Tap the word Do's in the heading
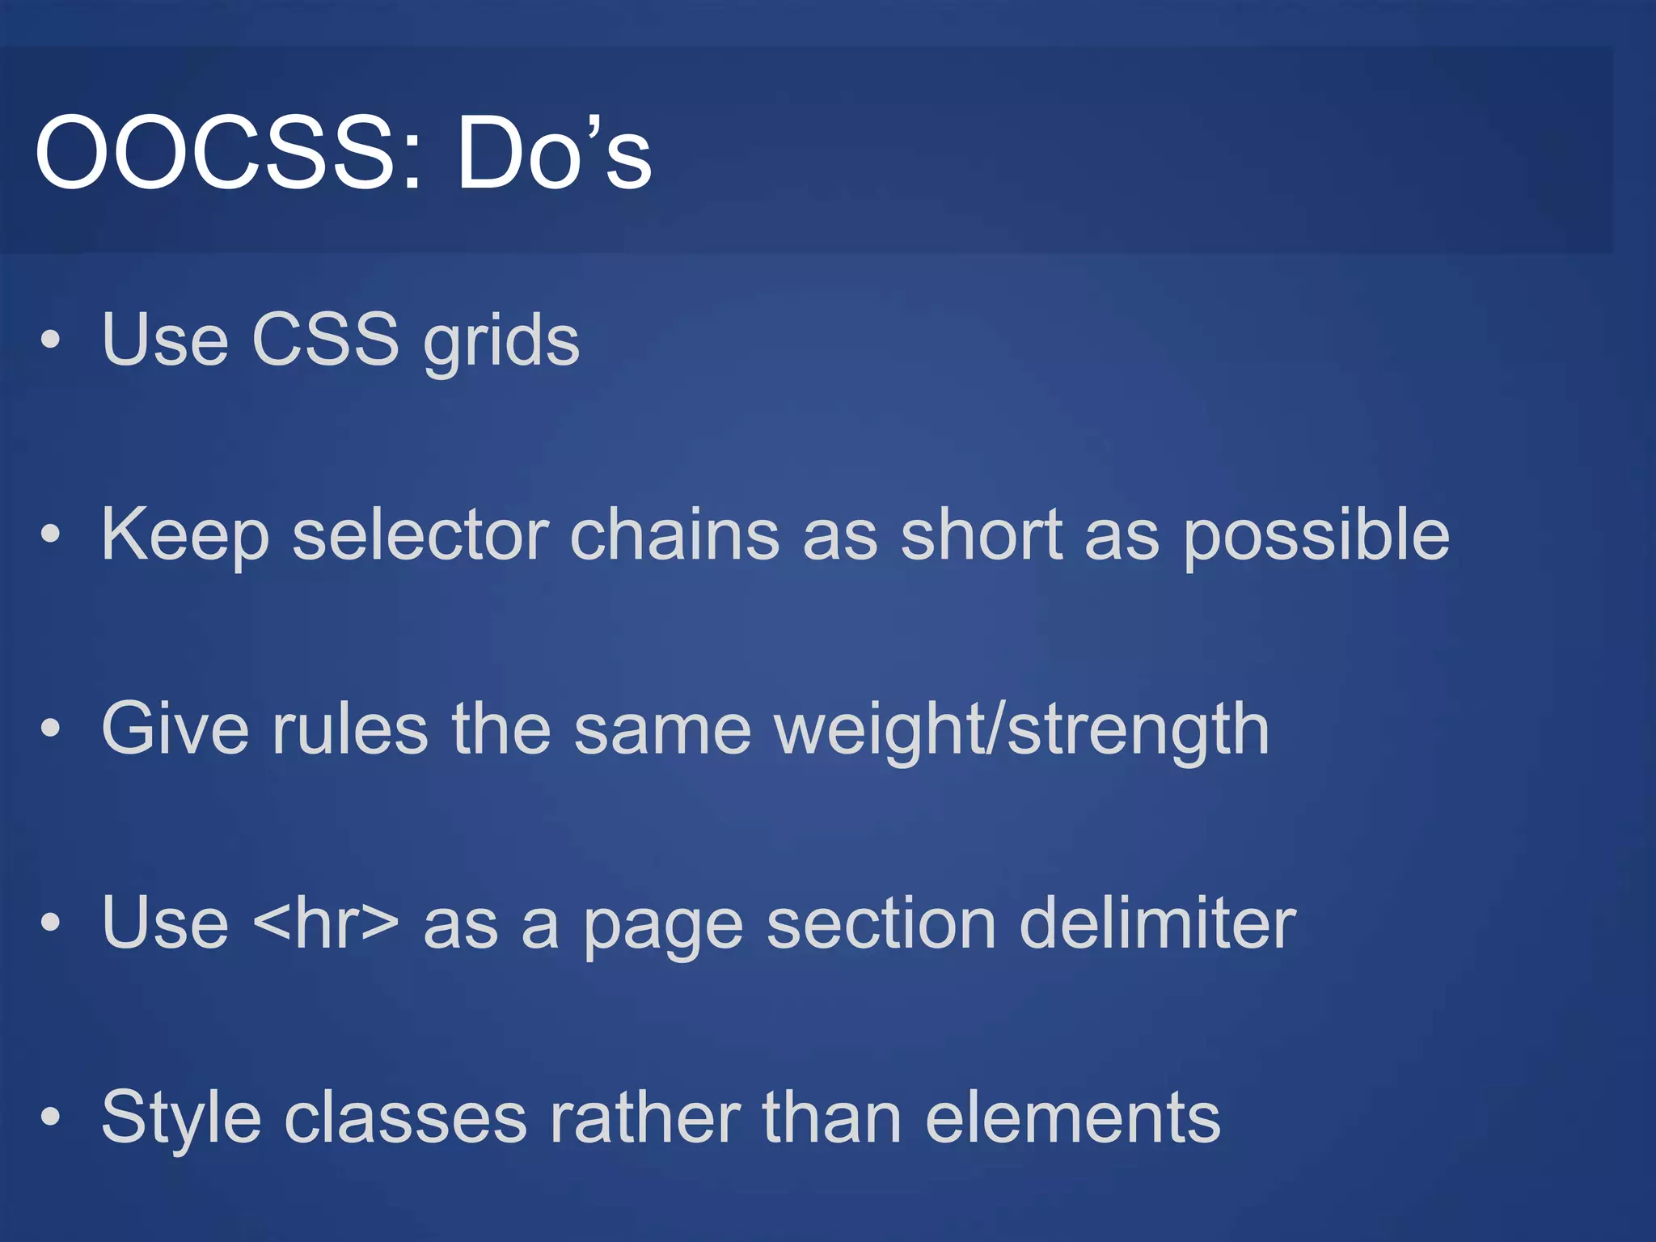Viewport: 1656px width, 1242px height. [x=554, y=153]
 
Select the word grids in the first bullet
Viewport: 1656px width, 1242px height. [x=501, y=340]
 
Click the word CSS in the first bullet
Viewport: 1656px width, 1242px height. [x=325, y=339]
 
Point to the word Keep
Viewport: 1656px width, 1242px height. [x=184, y=535]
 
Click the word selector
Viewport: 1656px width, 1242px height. [x=420, y=534]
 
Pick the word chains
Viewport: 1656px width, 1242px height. [x=674, y=534]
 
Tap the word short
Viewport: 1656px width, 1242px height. [x=981, y=534]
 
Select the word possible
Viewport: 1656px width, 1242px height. [x=1316, y=536]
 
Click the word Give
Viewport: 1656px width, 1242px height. [x=175, y=729]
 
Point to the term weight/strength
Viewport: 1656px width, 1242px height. [x=1021, y=730]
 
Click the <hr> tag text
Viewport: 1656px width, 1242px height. [x=326, y=923]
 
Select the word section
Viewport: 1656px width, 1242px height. [x=881, y=923]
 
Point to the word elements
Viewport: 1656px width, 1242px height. [x=1072, y=1117]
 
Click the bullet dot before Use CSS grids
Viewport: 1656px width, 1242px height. [x=50, y=340]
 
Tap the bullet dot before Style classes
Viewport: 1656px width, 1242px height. [x=50, y=1117]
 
